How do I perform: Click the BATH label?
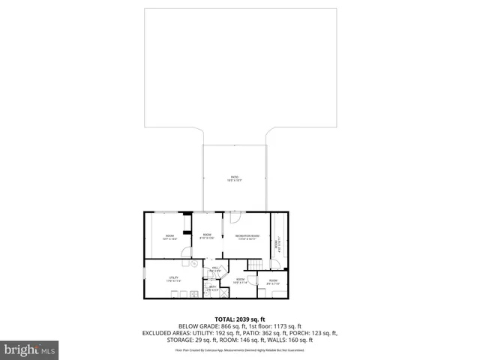coord(212,287)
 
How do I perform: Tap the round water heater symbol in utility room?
coord(194,264)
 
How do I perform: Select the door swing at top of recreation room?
coord(235,217)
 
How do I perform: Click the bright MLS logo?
coord(29,349)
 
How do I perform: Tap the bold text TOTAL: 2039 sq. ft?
coord(240,319)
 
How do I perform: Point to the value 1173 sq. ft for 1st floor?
coord(288,326)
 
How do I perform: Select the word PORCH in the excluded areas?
coord(304,333)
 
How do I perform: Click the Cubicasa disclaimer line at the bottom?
coord(240,349)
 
